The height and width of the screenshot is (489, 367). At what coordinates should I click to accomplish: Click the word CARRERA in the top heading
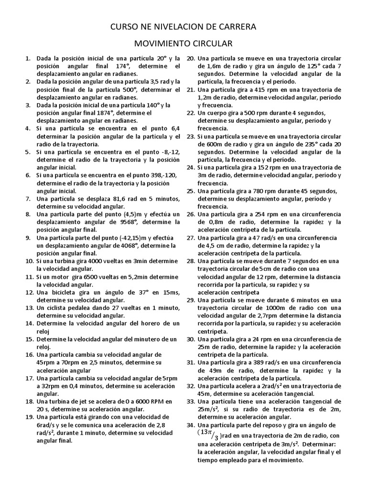(234, 27)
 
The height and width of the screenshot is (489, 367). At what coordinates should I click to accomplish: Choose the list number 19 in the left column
(28, 417)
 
